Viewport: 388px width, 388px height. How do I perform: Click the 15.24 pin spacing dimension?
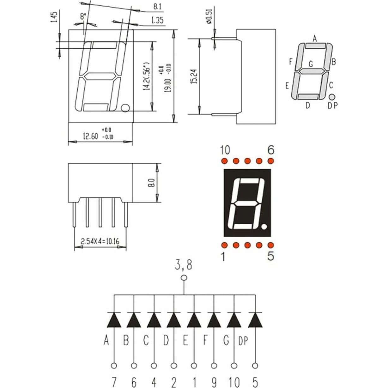(x=194, y=76)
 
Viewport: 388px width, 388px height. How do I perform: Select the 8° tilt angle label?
(x=83, y=17)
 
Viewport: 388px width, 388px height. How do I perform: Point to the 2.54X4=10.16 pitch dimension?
(x=100, y=242)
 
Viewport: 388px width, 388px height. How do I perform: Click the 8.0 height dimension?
(x=151, y=183)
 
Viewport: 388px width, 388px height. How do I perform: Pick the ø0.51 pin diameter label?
(x=209, y=18)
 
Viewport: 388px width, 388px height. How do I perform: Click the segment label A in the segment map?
(x=315, y=39)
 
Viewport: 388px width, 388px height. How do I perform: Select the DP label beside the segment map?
(x=332, y=106)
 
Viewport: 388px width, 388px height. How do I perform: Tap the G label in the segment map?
(x=311, y=64)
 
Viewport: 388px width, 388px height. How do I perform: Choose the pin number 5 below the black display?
(x=270, y=256)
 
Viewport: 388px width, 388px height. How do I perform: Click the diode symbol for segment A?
(x=114, y=320)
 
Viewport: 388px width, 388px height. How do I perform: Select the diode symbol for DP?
(x=255, y=320)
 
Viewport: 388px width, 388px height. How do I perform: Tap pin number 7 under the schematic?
(x=114, y=383)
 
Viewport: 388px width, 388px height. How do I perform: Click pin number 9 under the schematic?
(x=214, y=383)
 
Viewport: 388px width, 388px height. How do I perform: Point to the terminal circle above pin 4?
(x=154, y=366)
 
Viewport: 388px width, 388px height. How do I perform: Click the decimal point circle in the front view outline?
(x=125, y=108)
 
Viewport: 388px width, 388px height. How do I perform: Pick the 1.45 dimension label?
(x=54, y=17)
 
